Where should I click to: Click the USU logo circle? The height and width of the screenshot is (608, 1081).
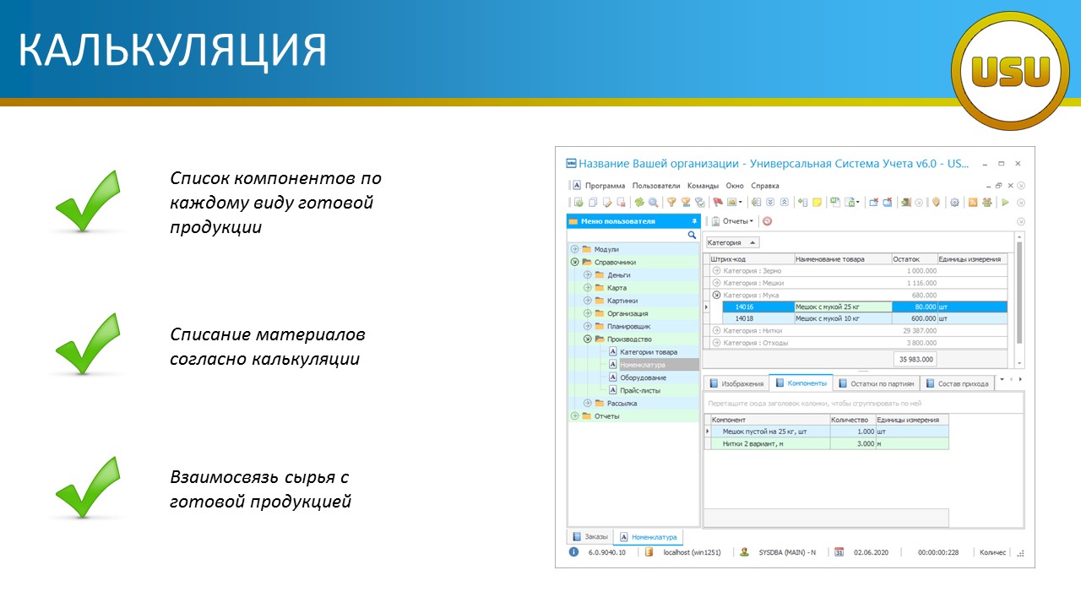pos(1011,71)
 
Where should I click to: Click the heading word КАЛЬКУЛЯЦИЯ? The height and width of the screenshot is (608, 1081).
pos(173,50)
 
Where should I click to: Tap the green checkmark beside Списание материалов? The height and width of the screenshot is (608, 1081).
pos(88,344)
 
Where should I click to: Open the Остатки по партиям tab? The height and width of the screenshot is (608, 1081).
pos(877,383)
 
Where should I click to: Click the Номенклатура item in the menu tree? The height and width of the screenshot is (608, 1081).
pos(643,365)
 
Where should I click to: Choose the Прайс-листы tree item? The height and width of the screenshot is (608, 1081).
pos(640,390)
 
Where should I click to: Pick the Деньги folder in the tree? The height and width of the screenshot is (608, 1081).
pos(619,275)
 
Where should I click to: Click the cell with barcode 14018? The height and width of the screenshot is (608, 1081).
pos(758,318)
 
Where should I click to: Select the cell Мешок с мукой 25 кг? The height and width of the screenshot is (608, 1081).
pos(843,307)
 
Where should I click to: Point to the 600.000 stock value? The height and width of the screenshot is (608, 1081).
pos(915,318)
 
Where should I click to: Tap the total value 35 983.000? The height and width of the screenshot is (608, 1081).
pos(915,360)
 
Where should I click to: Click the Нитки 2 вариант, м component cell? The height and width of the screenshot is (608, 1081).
pos(769,443)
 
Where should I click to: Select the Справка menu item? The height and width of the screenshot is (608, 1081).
pos(765,186)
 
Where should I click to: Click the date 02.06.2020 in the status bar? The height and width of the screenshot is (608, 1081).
pos(871,552)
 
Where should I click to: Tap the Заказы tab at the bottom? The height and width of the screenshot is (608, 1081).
pos(590,536)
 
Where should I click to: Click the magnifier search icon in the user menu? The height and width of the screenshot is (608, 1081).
pos(692,235)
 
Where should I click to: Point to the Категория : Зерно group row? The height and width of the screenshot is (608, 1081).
pos(752,271)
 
